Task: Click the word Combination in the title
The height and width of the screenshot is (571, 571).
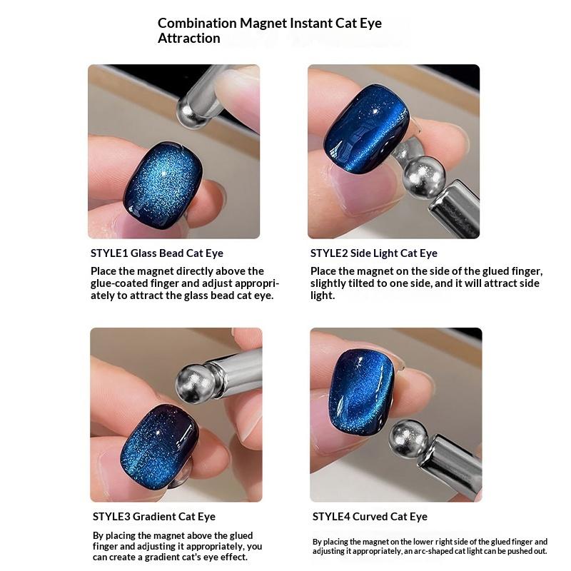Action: click(197, 23)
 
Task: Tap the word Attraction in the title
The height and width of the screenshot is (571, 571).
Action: click(188, 39)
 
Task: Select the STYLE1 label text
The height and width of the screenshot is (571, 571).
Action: click(109, 253)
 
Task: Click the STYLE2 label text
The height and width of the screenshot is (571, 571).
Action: click(329, 253)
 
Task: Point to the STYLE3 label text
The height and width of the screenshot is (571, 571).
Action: click(111, 516)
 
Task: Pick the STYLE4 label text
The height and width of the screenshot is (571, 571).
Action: click(331, 516)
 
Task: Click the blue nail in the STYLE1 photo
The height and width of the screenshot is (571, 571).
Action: click(163, 186)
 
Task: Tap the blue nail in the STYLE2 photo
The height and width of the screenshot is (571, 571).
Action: click(366, 129)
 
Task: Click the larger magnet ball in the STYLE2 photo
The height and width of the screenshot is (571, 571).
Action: click(425, 177)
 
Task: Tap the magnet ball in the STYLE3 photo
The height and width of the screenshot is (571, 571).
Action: click(196, 383)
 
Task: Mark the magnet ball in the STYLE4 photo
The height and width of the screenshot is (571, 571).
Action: click(408, 439)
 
